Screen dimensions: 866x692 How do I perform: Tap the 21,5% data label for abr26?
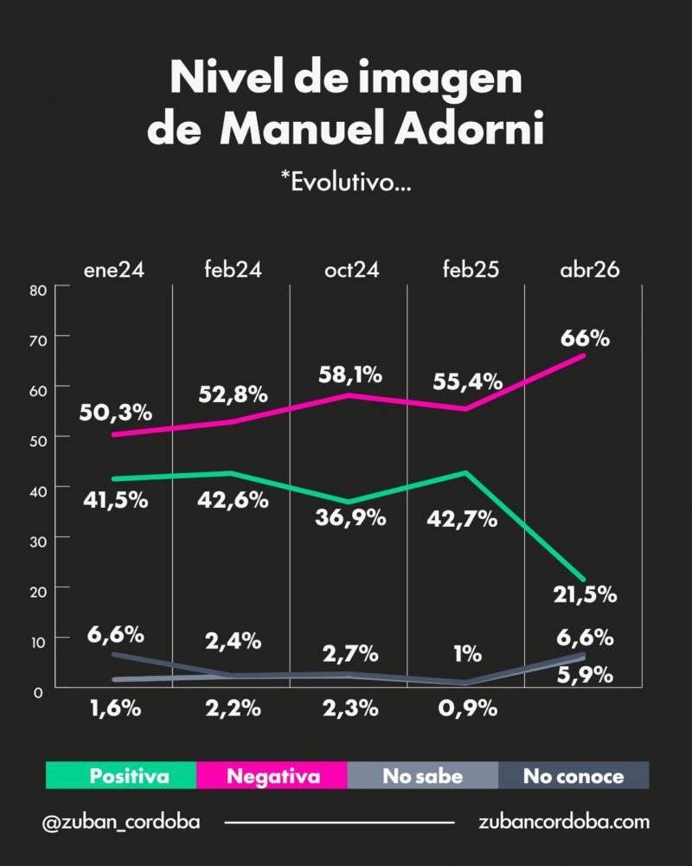[586, 594]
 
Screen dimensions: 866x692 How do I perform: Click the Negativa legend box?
[272, 776]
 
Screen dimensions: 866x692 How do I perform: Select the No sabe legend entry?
[423, 776]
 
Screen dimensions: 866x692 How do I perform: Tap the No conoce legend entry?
[573, 776]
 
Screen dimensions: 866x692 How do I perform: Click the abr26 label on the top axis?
[589, 269]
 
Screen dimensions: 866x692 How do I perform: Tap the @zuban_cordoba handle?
[121, 822]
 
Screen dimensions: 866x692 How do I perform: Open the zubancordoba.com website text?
[563, 822]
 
